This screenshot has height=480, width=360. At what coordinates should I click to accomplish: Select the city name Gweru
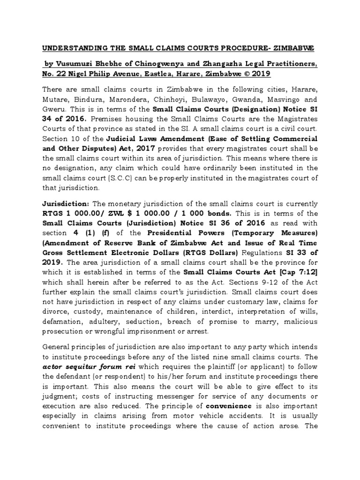click(x=54, y=110)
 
